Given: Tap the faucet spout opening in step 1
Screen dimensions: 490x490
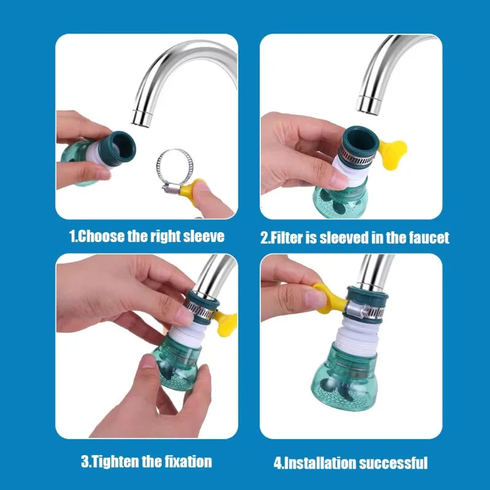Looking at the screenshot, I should pyautogui.click(x=142, y=116).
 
